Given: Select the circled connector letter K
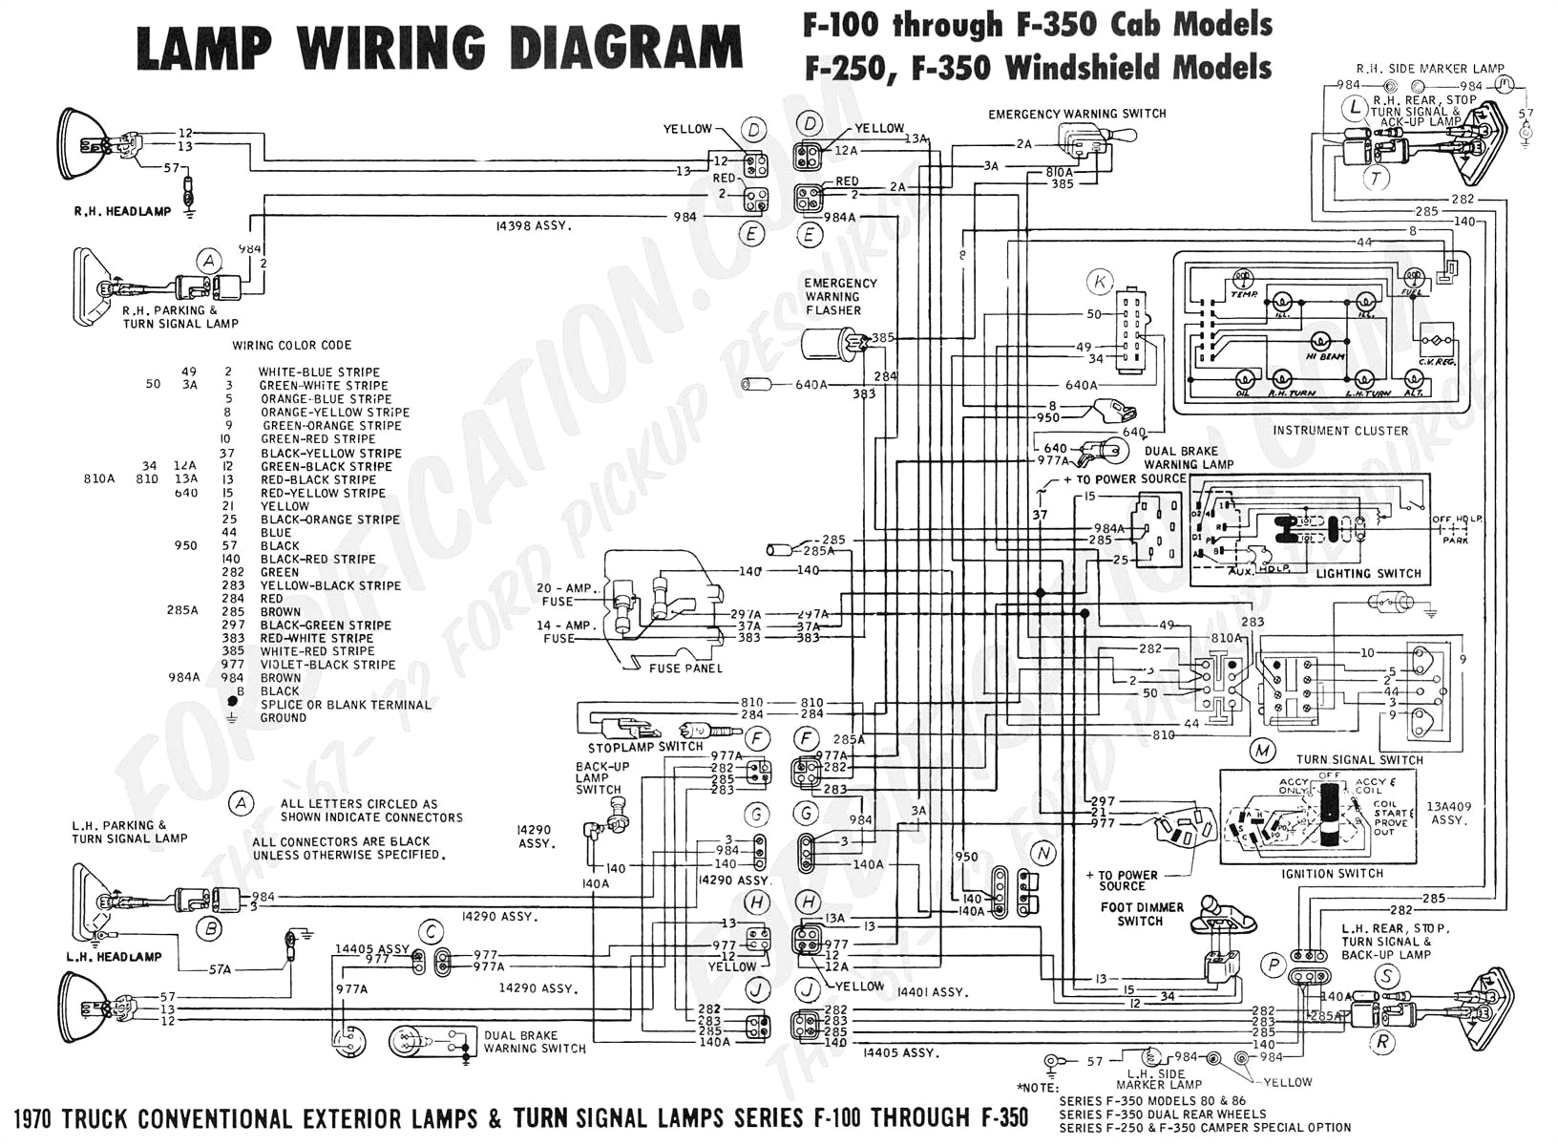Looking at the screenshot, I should [x=1101, y=282].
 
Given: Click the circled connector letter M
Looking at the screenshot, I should [x=1263, y=751].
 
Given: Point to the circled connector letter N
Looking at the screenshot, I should [x=1043, y=853].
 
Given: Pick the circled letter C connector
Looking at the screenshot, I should [x=432, y=932].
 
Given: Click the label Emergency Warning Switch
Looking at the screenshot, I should [x=1077, y=114].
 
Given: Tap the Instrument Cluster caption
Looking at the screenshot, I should [x=1340, y=431].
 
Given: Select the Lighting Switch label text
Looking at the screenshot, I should [x=1368, y=574].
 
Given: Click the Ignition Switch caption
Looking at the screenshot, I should [x=1333, y=873].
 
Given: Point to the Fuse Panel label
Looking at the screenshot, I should [x=685, y=668].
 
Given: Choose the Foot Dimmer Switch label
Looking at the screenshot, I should [x=1141, y=914].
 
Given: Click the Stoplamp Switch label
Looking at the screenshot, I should [x=645, y=747].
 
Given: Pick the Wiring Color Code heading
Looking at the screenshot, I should [x=291, y=345].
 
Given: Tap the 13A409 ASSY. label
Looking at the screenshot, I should [x=1447, y=813].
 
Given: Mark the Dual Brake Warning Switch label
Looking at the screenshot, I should [x=535, y=1042].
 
